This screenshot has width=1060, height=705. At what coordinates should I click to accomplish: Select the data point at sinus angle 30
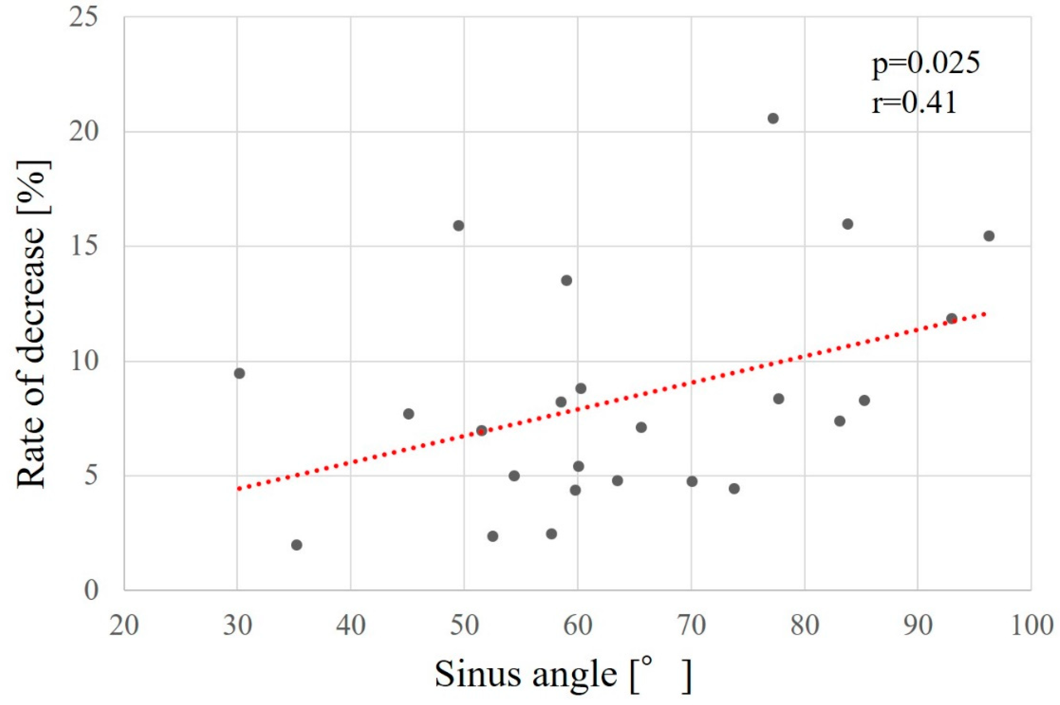(240, 373)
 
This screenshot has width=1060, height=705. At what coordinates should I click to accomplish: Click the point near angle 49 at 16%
(459, 226)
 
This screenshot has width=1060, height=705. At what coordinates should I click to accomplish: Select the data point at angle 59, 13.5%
(567, 280)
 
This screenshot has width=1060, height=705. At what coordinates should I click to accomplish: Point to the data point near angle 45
(408, 414)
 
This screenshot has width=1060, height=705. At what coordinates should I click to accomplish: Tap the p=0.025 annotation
(925, 64)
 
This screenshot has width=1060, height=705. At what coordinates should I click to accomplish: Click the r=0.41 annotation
(914, 103)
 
